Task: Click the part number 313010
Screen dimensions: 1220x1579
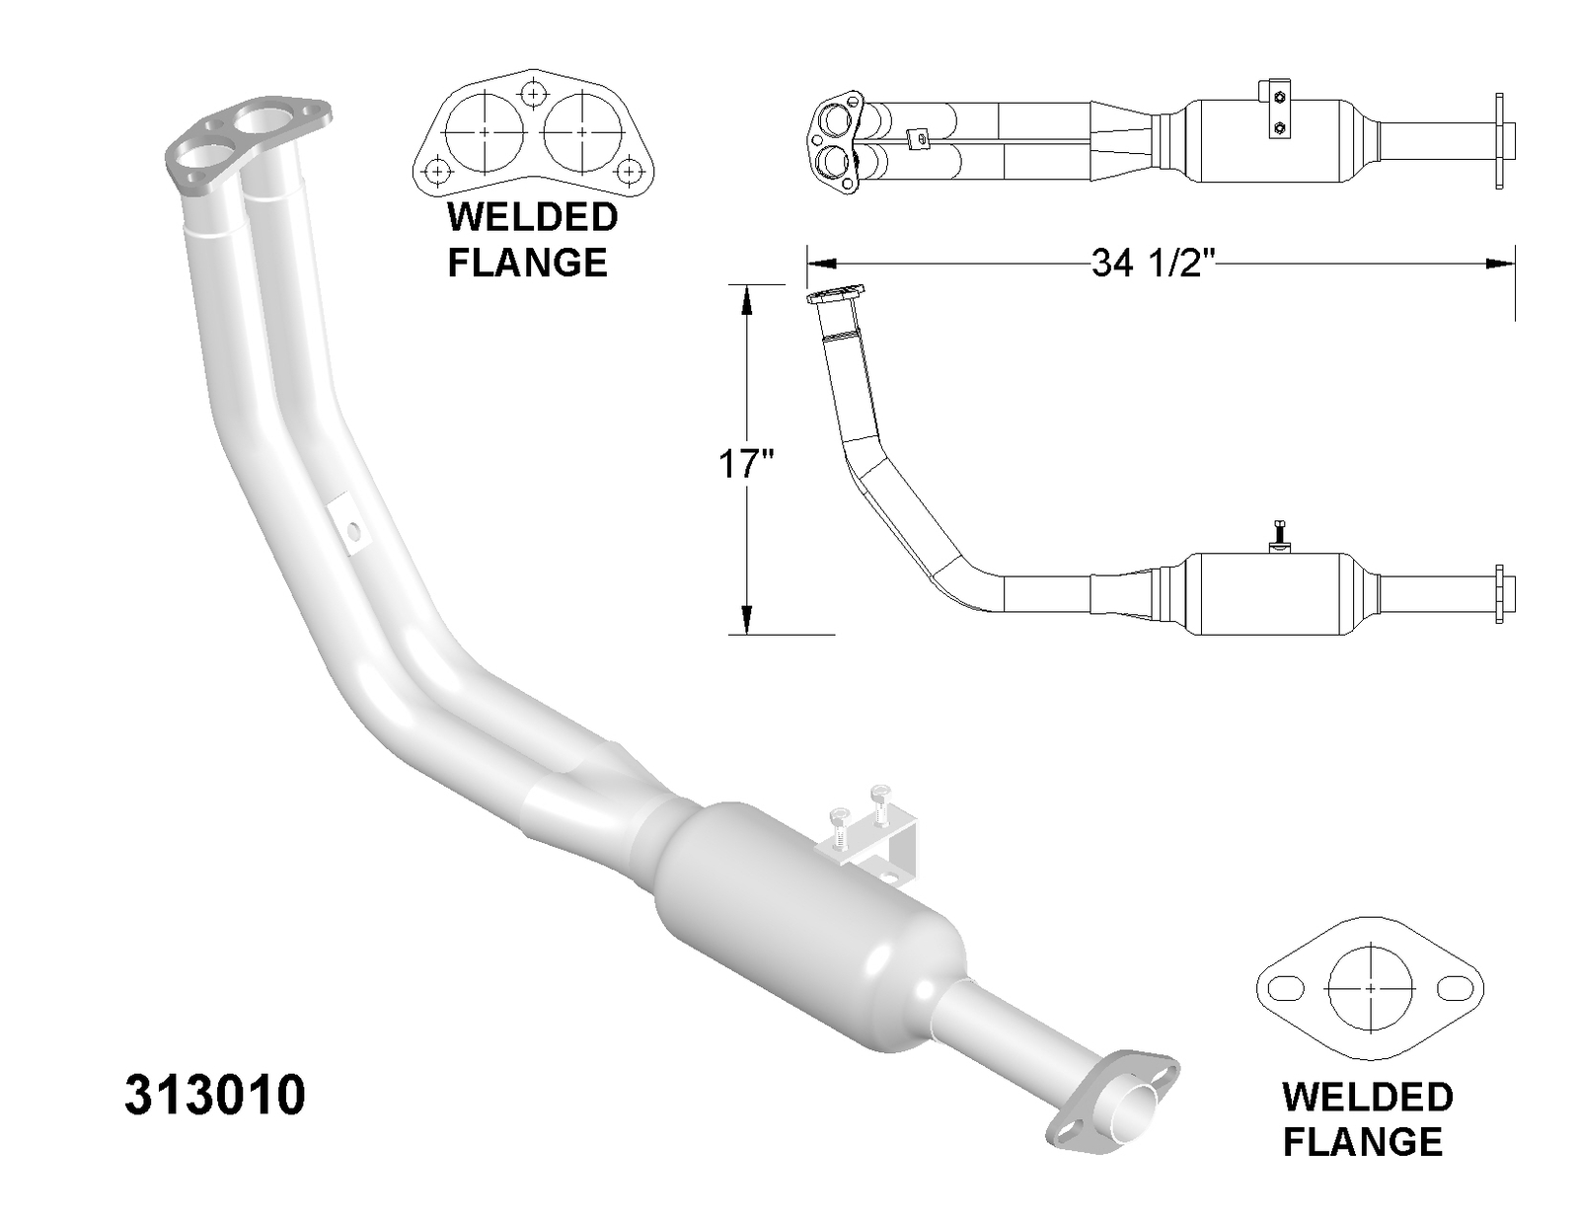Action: [215, 1096]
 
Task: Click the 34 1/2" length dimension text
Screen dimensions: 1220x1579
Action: [1152, 264]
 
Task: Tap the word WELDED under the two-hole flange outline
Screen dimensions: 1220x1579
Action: [1367, 1097]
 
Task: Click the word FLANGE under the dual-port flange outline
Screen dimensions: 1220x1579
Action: [527, 263]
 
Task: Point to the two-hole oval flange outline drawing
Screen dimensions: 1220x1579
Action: [1369, 987]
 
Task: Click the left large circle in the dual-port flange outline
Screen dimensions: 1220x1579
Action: [485, 131]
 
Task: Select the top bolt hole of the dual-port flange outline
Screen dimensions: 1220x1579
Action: [534, 94]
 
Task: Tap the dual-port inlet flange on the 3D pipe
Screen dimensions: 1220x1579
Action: [247, 142]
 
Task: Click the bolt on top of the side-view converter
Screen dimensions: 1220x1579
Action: [1278, 534]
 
